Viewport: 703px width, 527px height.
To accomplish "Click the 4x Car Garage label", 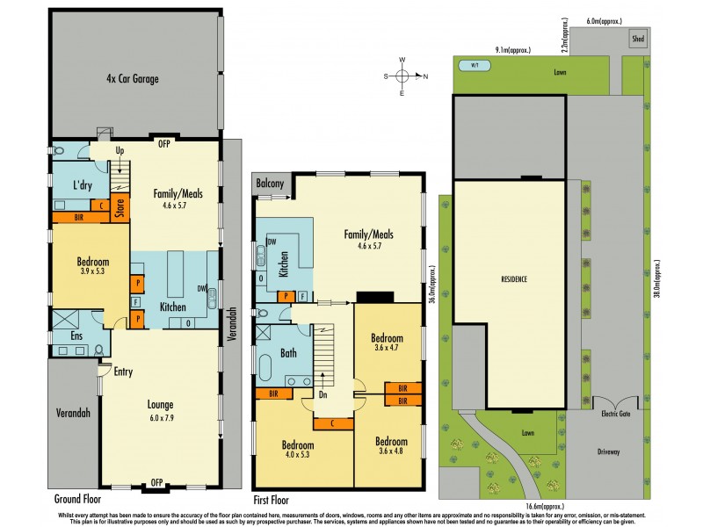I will point(134,78).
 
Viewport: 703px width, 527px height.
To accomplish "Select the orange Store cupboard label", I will point(121,208).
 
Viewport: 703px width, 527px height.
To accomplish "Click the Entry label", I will point(123,372).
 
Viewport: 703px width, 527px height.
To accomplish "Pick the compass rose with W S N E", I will point(402,76).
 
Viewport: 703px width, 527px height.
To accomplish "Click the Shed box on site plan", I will point(635,40).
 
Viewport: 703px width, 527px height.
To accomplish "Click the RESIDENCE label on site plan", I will point(514,279).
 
